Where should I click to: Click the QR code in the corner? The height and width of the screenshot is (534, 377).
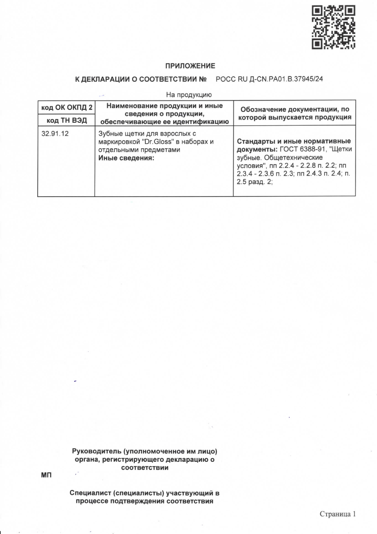pyautogui.click(x=333, y=27)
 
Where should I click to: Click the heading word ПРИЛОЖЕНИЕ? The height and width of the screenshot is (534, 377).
pyautogui.click(x=190, y=66)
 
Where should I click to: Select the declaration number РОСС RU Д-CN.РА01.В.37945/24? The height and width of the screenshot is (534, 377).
pyautogui.click(x=269, y=79)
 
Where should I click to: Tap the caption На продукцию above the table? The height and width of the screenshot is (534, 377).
pyautogui.click(x=188, y=95)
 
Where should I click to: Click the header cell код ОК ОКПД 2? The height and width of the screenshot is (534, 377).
pyautogui.click(x=67, y=107)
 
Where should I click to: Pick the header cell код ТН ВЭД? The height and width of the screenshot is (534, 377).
pyautogui.click(x=67, y=120)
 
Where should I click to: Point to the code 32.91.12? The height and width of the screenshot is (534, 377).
pyautogui.click(x=55, y=134)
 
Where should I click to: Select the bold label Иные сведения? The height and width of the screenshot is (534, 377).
pyautogui.click(x=126, y=158)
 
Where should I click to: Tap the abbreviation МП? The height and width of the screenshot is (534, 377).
pyautogui.click(x=46, y=475)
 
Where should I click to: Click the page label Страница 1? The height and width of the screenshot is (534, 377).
pyautogui.click(x=337, y=514)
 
